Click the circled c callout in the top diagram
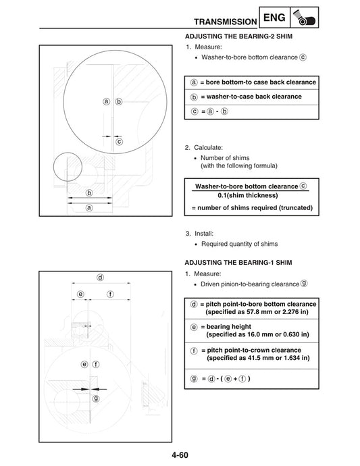point(119,143)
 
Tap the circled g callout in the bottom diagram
point(96,398)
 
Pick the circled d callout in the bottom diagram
point(100,277)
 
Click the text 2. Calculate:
point(204,147)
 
